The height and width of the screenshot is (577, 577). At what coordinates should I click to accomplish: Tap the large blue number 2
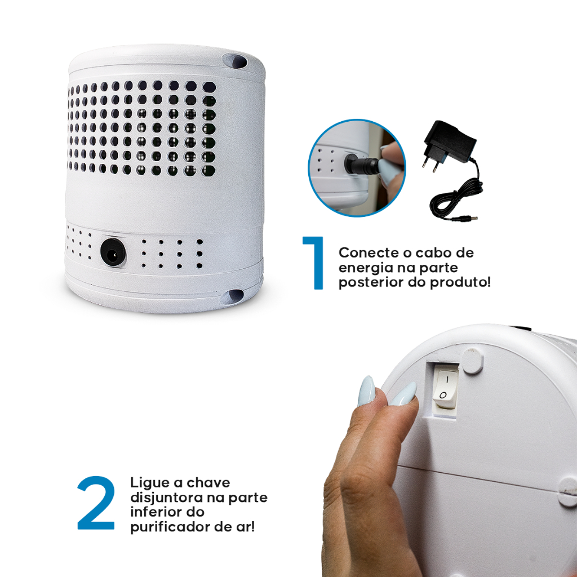(x=96, y=503)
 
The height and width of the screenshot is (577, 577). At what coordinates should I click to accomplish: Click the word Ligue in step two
(x=149, y=483)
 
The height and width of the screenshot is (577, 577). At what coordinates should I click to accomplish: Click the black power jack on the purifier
(x=113, y=252)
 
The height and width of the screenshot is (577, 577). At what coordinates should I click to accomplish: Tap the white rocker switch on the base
(x=445, y=389)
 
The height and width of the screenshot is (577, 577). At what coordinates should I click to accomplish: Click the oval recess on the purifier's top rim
(x=235, y=61)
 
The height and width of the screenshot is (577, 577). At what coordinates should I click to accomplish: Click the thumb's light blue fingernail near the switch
(x=403, y=394)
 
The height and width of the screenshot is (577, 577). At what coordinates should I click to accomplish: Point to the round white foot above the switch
(x=473, y=361)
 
